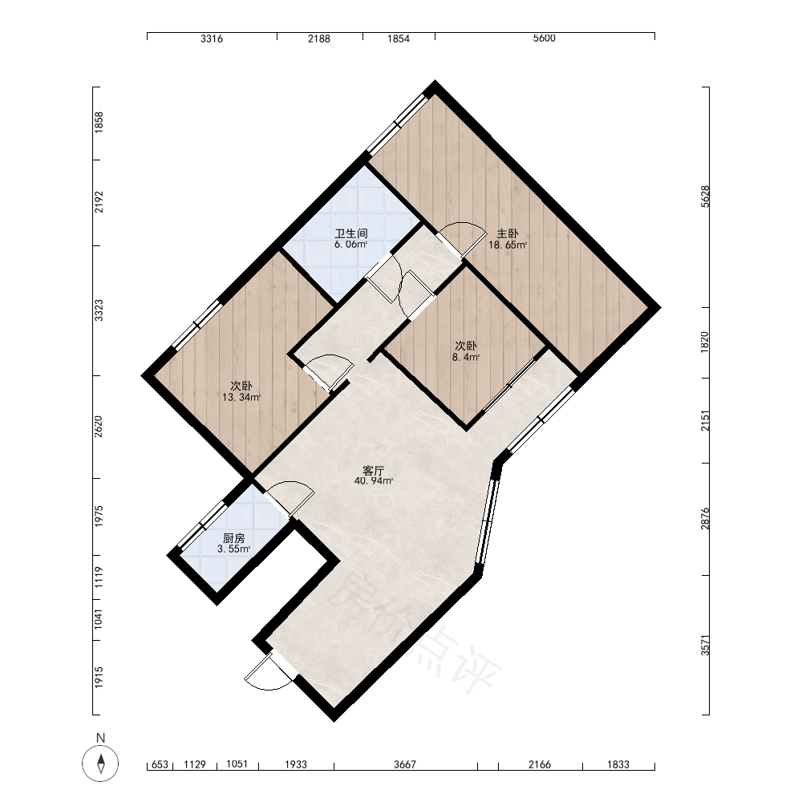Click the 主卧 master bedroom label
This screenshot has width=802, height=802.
tap(508, 233)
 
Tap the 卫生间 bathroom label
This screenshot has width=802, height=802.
tap(351, 233)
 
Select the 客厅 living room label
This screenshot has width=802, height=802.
tap(374, 471)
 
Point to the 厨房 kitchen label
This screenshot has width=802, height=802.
tap(234, 538)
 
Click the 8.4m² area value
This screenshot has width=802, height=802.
tap(466, 357)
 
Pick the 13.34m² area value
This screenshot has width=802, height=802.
tap(241, 397)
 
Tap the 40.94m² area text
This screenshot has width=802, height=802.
tap(374, 480)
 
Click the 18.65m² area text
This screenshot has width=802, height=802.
tap(508, 245)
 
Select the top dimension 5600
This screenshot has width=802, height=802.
tap(545, 38)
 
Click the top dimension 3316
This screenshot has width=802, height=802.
tap(212, 38)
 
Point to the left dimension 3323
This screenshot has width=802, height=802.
tap(99, 310)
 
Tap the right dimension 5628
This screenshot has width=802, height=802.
tap(705, 196)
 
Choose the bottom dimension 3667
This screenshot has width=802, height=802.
tap(405, 764)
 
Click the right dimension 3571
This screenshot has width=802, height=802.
tap(705, 645)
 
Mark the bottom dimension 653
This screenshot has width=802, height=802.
tap(160, 764)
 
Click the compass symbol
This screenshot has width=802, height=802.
tap(101, 764)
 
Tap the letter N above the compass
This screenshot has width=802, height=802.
tap(101, 738)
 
